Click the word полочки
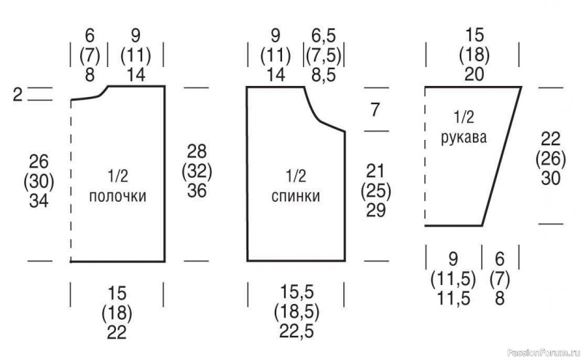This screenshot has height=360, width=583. click(117, 196)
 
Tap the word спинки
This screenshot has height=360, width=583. click(296, 196)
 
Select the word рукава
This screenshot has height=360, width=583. click(463, 138)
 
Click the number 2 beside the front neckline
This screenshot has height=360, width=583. click(17, 95)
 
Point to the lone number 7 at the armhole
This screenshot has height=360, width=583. click(375, 110)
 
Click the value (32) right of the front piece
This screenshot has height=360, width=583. click(197, 171)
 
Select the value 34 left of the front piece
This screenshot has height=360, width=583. click(39, 201)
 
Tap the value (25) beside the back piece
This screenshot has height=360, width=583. click(375, 191)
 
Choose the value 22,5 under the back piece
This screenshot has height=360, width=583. click(297, 332)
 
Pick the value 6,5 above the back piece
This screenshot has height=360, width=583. click(324, 36)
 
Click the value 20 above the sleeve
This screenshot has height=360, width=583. click(474, 74)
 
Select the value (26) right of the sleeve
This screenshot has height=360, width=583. click(551, 159)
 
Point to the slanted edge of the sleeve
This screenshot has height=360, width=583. click(501, 156)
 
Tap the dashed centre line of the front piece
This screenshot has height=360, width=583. click(71, 181)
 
